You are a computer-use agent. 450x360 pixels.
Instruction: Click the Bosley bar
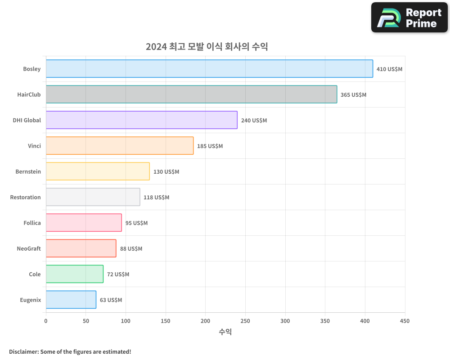[x=209, y=69]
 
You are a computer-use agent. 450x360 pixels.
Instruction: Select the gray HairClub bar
[x=191, y=94]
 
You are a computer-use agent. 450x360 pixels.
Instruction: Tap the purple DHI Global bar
[x=141, y=120]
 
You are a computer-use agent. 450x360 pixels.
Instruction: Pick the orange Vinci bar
[x=120, y=146]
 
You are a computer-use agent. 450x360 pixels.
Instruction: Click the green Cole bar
[x=75, y=274]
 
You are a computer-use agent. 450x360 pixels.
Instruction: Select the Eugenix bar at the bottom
[x=71, y=300]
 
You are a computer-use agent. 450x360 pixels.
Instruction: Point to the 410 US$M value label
[x=389, y=69]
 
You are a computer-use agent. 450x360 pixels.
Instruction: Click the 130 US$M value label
[x=166, y=172]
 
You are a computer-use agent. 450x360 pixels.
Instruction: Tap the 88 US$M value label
[x=131, y=249]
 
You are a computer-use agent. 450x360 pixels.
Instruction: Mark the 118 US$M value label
[x=156, y=198]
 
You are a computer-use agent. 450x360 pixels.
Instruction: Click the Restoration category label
[x=25, y=198]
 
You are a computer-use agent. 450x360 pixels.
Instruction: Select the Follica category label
[x=32, y=223]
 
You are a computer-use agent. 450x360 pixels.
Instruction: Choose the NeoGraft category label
[x=29, y=249]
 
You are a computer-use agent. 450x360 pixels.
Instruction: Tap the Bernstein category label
[x=28, y=172]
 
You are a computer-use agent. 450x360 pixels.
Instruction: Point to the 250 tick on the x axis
[x=245, y=321]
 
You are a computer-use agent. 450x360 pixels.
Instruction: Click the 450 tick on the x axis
[x=405, y=321]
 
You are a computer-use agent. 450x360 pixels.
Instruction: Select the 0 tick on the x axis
[x=46, y=321]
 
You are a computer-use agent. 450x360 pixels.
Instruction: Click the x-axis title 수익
[x=225, y=332]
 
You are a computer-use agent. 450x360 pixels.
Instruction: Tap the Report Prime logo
[x=409, y=18]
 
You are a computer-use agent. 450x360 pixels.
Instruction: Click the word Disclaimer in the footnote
[x=23, y=352]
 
